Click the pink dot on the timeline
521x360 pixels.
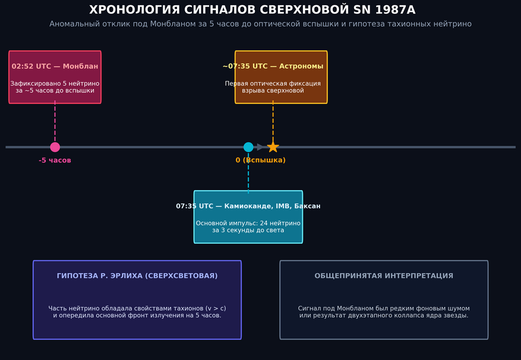point(55,147)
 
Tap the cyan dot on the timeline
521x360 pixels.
point(248,147)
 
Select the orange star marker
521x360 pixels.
point(273,147)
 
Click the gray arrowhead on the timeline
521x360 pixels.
point(260,147)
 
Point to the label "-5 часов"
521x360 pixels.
point(55,160)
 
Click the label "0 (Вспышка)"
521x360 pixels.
point(260,160)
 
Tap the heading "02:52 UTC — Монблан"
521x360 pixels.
point(55,66)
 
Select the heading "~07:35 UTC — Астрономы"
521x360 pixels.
point(273,66)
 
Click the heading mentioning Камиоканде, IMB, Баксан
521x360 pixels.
point(248,206)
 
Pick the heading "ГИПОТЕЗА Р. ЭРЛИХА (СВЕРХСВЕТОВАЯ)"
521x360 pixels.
point(137,276)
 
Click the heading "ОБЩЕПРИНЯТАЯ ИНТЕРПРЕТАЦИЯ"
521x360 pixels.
point(384,276)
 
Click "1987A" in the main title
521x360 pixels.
point(395,10)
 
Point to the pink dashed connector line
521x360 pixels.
point(55,121)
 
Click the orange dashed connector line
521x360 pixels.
point(273,121)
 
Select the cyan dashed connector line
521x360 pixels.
point(248,172)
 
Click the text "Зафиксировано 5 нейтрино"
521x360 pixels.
point(55,83)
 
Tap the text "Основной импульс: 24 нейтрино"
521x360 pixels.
point(248,223)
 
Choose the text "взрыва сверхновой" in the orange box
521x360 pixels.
point(273,91)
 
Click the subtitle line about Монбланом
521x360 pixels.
point(260,24)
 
